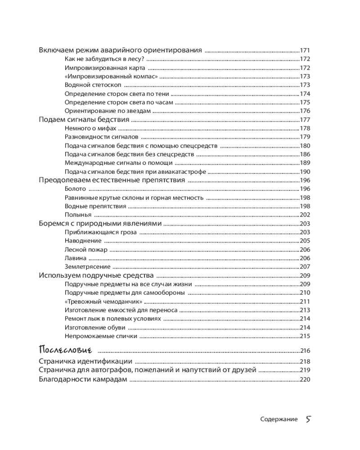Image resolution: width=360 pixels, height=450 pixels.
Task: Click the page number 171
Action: click(x=305, y=50)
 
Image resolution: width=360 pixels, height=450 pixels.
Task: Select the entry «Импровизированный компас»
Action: click(x=111, y=76)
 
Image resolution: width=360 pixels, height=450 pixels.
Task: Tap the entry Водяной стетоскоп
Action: click(x=93, y=85)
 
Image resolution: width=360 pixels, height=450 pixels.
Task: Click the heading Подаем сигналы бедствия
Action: click(x=84, y=119)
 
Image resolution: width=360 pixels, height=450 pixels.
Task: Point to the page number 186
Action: click(x=305, y=154)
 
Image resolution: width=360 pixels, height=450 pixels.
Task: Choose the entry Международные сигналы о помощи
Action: click(x=118, y=163)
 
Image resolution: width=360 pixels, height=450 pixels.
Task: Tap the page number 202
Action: click(x=305, y=215)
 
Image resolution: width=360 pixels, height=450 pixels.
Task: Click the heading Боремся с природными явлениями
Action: click(x=99, y=223)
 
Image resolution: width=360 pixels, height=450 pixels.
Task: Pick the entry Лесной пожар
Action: click(x=86, y=250)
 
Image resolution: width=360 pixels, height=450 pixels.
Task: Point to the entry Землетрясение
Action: click(x=88, y=267)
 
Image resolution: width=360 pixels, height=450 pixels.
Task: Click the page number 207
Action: click(x=305, y=267)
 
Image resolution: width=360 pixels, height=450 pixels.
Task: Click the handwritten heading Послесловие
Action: click(x=66, y=350)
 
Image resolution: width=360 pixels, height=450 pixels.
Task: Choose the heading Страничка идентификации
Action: click(x=85, y=361)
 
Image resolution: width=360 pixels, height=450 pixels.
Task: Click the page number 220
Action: click(x=305, y=379)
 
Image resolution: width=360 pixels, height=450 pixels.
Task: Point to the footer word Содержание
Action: click(x=279, y=419)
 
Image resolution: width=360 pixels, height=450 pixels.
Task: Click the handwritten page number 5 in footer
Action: click(x=308, y=419)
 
